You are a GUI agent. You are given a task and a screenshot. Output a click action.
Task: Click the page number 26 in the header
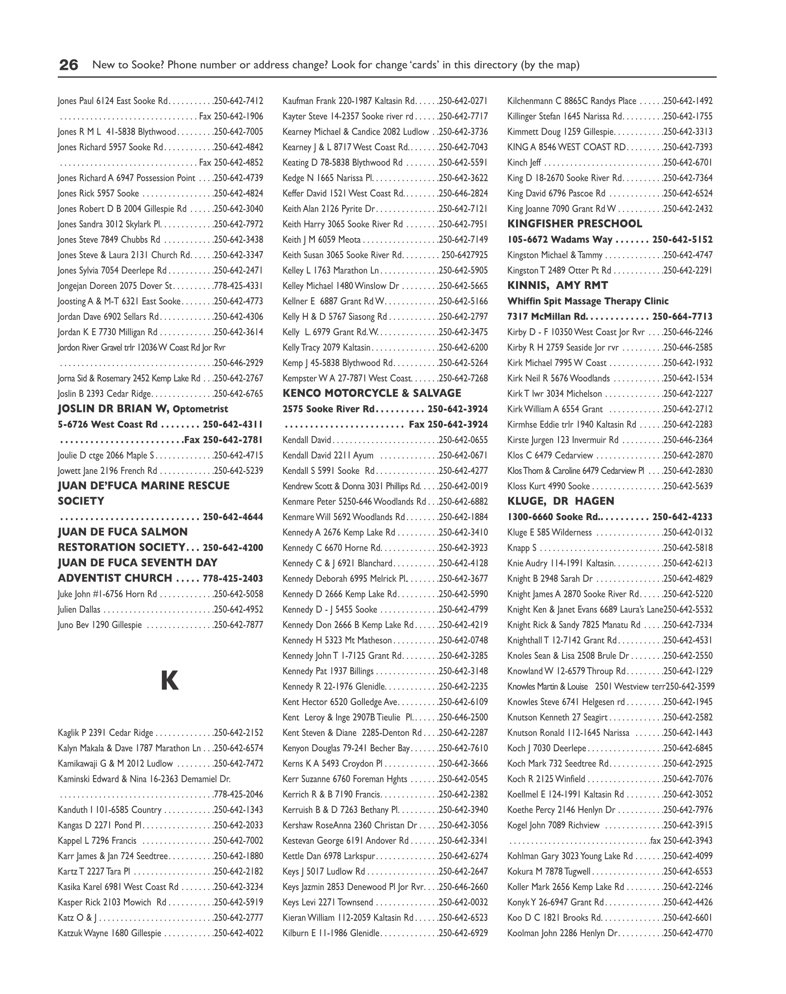click(68, 65)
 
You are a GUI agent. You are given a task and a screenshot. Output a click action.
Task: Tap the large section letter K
click(170, 681)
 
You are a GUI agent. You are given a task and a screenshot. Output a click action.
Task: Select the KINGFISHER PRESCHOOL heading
click(575, 224)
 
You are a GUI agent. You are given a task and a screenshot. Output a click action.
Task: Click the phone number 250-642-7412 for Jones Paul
click(239, 101)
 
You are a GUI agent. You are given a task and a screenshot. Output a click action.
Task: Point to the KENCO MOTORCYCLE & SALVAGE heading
click(372, 393)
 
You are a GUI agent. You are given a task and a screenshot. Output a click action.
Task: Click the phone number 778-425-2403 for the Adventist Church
click(233, 578)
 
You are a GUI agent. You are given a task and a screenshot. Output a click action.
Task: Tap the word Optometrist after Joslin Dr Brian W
click(201, 409)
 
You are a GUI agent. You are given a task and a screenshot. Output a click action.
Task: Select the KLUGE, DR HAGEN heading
click(560, 501)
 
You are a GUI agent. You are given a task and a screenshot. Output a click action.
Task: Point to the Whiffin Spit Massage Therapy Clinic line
click(588, 301)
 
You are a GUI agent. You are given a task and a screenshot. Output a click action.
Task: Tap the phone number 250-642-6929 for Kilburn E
click(463, 933)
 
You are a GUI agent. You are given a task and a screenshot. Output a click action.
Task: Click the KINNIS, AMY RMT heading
click(558, 286)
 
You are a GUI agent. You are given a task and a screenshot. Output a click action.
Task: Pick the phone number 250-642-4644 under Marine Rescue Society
click(233, 517)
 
